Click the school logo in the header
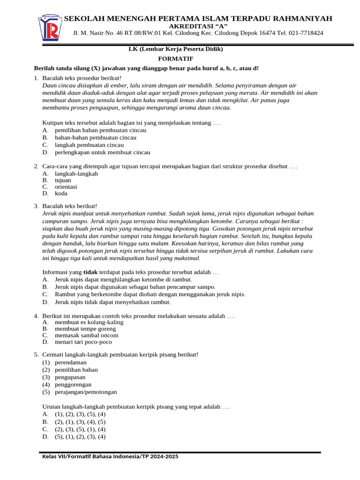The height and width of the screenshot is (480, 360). point(49,28)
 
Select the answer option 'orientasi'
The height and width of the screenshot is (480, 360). point(66,187)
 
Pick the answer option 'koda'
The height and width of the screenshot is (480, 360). point(61,193)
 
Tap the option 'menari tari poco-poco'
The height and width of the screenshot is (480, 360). point(83,342)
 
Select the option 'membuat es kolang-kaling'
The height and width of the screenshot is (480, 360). point(89,322)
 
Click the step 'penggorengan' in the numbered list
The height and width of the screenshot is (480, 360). point(73,384)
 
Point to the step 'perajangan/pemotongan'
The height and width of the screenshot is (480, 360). point(86,392)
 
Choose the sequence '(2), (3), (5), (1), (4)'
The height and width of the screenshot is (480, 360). point(80,429)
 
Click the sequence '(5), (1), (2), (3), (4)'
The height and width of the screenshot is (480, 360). point(80,436)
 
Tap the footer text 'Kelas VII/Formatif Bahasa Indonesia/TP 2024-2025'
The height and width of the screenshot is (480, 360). point(110,457)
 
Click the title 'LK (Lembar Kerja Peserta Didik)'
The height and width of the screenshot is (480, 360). point(176,49)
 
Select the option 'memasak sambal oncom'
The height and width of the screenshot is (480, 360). point(86,335)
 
